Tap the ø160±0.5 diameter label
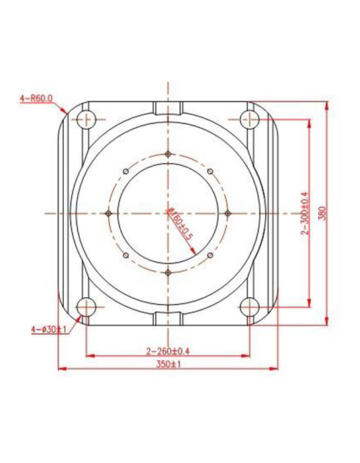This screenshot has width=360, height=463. coord(180,223)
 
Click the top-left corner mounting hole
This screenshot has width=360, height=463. coord(85,120)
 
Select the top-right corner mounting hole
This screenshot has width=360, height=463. coord(250,120)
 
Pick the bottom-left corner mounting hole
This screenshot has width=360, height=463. coord(85,307)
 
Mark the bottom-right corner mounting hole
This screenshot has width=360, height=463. coord(250,307)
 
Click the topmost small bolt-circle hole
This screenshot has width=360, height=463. coord(167,153)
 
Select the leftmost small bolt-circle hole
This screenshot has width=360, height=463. coord(108,213)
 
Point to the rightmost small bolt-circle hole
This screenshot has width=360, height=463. coord(228,213)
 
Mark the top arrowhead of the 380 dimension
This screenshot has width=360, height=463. coord(326,105)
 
